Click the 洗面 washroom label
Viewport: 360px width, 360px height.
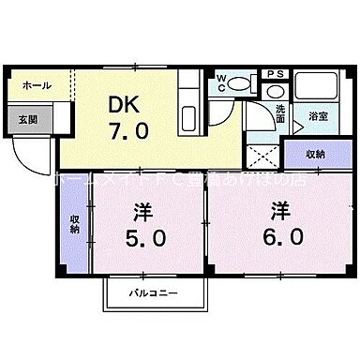(280, 114)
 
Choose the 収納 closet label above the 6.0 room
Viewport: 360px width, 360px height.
(314, 153)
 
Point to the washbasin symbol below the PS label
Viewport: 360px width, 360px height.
(275, 90)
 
